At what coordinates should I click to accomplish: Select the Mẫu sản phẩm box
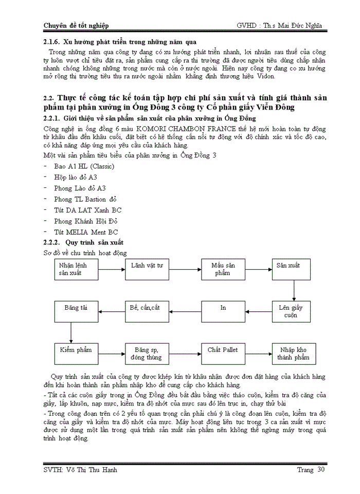click(223, 269)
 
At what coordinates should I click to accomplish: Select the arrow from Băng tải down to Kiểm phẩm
click(70, 332)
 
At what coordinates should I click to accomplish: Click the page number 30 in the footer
click(321, 469)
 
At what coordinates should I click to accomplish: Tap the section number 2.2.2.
click(52, 242)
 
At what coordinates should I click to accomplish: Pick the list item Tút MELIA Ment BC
click(86, 232)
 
